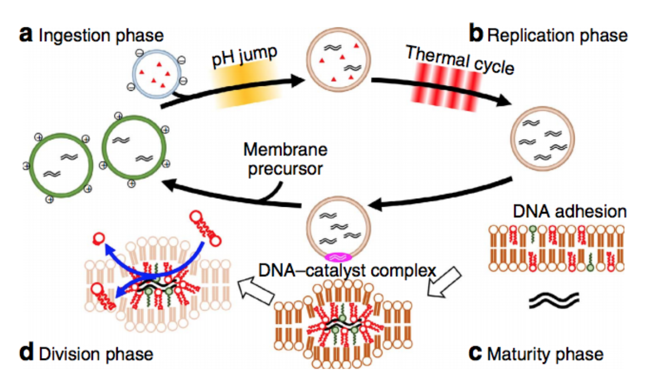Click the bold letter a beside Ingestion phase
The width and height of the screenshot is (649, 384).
(x=25, y=35)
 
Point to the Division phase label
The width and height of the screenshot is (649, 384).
(x=95, y=353)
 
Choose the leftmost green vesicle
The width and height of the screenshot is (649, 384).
(x=60, y=165)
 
